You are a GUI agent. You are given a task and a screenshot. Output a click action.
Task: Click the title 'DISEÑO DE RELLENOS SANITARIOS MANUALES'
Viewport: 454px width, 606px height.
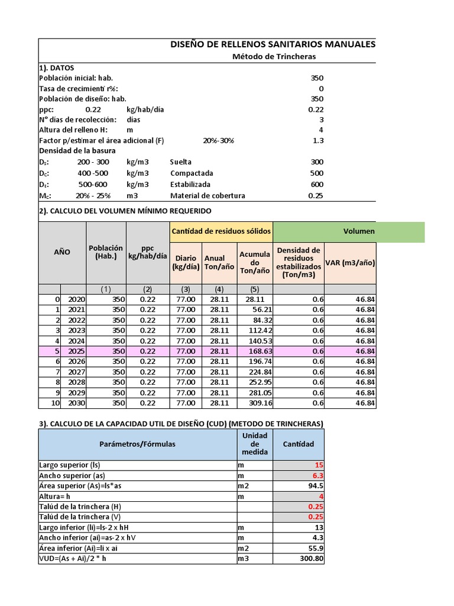click(x=272, y=44)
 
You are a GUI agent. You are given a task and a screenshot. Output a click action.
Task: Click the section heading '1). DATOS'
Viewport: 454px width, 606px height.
click(x=56, y=67)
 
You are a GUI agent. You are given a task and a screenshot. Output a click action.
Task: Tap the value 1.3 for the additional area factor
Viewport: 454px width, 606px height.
click(x=317, y=140)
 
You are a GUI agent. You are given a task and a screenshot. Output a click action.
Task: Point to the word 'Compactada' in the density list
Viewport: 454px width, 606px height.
click(x=192, y=173)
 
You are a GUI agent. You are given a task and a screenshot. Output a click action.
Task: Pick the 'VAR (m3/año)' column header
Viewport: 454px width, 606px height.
click(x=350, y=263)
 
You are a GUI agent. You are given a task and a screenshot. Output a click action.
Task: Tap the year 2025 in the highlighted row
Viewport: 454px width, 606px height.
click(x=76, y=351)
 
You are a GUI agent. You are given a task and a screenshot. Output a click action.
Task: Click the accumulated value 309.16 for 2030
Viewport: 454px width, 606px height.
click(x=256, y=403)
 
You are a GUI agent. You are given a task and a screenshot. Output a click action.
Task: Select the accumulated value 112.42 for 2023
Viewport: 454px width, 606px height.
click(x=256, y=330)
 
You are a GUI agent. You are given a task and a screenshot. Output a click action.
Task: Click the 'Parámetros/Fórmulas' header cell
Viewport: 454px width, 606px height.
click(x=137, y=444)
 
